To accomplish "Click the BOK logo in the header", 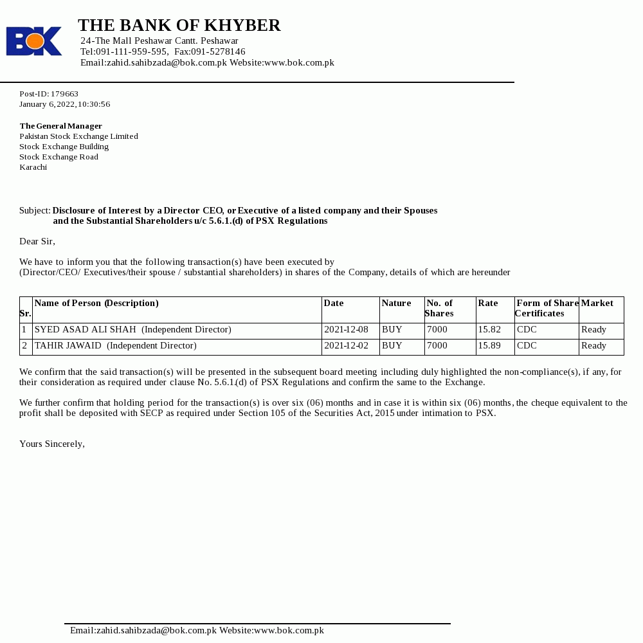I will click(34, 41).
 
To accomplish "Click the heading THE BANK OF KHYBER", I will click(179, 26).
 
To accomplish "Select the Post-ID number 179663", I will click(64, 94).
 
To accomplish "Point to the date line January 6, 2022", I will click(64, 104).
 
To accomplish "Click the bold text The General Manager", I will click(60, 126).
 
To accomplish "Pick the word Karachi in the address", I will click(33, 167).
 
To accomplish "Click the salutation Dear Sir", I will click(37, 242).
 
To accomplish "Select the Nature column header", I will click(396, 303).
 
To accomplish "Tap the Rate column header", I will click(488, 303).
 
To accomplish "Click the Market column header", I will click(597, 303).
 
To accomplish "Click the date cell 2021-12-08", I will click(346, 330).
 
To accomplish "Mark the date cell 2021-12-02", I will click(346, 346).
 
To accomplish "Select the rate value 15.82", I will click(489, 330).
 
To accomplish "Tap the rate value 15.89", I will click(489, 346).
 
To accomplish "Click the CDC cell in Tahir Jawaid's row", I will click(527, 346).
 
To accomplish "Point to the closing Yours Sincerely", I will click(51, 444).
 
